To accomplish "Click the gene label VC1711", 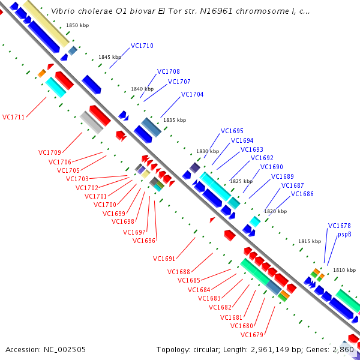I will coord(13,117).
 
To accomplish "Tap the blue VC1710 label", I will coord(142,46).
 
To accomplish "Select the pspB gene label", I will coord(344,234).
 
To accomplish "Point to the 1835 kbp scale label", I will coord(175,120).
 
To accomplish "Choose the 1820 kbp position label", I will coord(275,211).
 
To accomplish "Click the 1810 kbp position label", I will coord(344,270).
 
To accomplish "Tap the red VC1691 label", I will coord(164,259).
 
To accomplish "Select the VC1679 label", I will coord(252,335).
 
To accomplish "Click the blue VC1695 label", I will coord(232,131).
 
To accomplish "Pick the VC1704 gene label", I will coord(193,94).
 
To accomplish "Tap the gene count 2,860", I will coord(344,349).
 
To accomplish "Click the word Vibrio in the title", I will coord(62,11).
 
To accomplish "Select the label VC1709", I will coord(50,152).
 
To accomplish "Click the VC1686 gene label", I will coord(302,194).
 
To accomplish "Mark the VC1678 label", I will coord(340,226).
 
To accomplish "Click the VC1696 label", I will coord(144,241).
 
